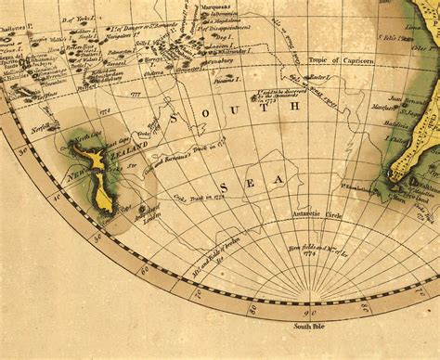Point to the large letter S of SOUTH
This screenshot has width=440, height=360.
(172, 116)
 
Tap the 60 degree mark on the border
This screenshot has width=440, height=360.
(143, 272)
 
